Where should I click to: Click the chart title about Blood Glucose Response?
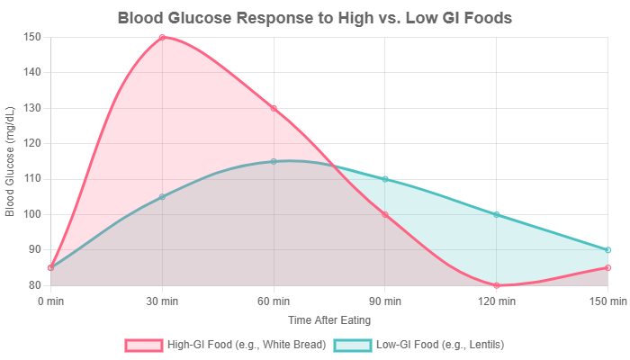tap(315, 19)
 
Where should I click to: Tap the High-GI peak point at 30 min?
tap(162, 37)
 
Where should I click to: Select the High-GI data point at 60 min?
tap(274, 108)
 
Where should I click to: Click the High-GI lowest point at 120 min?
tap(497, 285)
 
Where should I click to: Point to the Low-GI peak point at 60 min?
tap(274, 161)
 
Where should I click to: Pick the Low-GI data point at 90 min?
tap(385, 179)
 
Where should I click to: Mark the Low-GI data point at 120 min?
tap(497, 214)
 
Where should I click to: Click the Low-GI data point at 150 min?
tap(608, 250)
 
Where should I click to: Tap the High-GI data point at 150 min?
tap(608, 267)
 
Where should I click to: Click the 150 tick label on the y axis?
tap(33, 37)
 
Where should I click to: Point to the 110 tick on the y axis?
tap(33, 179)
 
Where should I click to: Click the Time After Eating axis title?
tap(329, 319)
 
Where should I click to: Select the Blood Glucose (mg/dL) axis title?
tap(10, 161)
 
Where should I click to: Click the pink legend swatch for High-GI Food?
tap(142, 345)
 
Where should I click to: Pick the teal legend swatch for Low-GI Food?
tap(352, 345)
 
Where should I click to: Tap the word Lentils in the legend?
tap(483, 345)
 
